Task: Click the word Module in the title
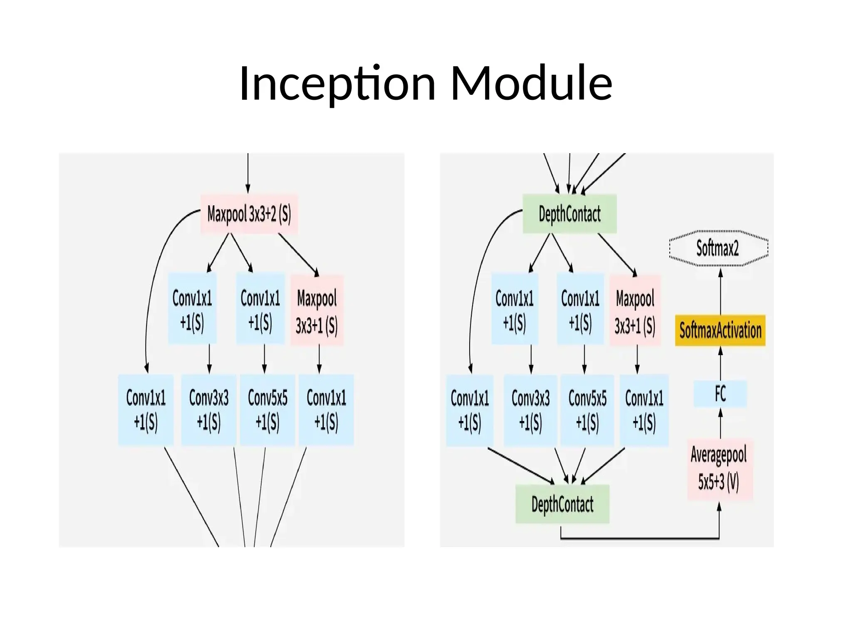(x=531, y=83)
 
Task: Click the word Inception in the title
(x=337, y=83)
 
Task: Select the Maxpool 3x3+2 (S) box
(x=249, y=214)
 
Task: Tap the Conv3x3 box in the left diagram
(x=209, y=410)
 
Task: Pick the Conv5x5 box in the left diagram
(x=267, y=410)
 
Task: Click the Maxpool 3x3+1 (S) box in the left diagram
(x=317, y=310)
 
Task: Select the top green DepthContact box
(x=570, y=214)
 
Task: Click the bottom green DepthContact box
(x=562, y=504)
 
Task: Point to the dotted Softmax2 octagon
(x=718, y=248)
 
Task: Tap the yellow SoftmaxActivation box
(x=720, y=331)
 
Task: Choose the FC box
(x=720, y=394)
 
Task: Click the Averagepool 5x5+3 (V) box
(x=719, y=469)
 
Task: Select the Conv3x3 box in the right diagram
(x=530, y=410)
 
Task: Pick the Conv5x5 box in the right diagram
(x=587, y=410)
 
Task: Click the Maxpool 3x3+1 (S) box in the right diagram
(x=635, y=310)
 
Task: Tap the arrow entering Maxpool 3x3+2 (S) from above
(x=248, y=173)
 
